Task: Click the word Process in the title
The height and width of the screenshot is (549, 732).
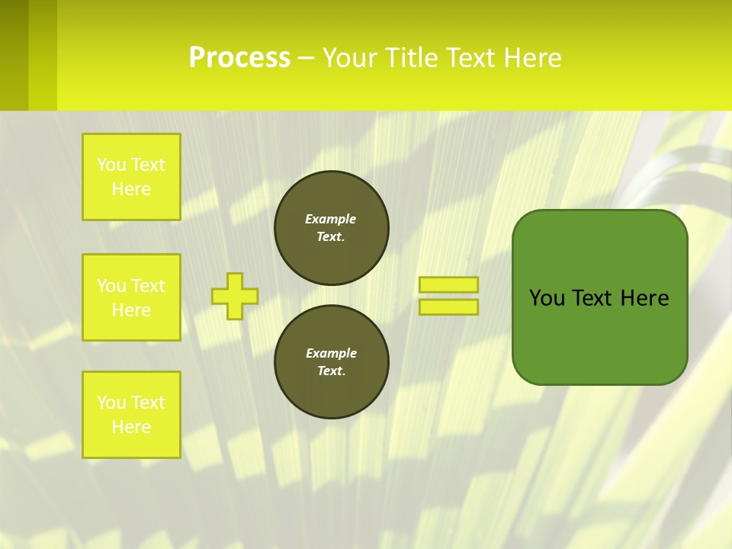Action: (239, 58)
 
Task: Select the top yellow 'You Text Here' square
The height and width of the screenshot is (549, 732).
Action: (131, 177)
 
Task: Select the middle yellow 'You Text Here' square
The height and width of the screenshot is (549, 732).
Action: (131, 297)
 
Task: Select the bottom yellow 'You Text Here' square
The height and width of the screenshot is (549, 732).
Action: (131, 415)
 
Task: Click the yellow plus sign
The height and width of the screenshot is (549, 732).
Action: (235, 296)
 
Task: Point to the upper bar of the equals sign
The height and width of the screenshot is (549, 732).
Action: (449, 284)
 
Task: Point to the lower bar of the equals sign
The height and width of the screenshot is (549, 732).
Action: (449, 307)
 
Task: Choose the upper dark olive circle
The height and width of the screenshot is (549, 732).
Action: (332, 228)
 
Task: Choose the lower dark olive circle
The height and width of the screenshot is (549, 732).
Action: (332, 361)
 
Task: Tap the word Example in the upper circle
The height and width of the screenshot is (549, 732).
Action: (331, 219)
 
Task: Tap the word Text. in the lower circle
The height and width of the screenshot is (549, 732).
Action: (331, 371)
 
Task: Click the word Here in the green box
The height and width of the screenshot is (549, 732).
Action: (644, 298)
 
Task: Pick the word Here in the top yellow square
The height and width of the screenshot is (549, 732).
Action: (131, 189)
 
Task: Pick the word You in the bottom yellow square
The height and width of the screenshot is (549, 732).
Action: (111, 403)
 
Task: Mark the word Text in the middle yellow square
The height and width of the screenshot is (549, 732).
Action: (149, 286)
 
